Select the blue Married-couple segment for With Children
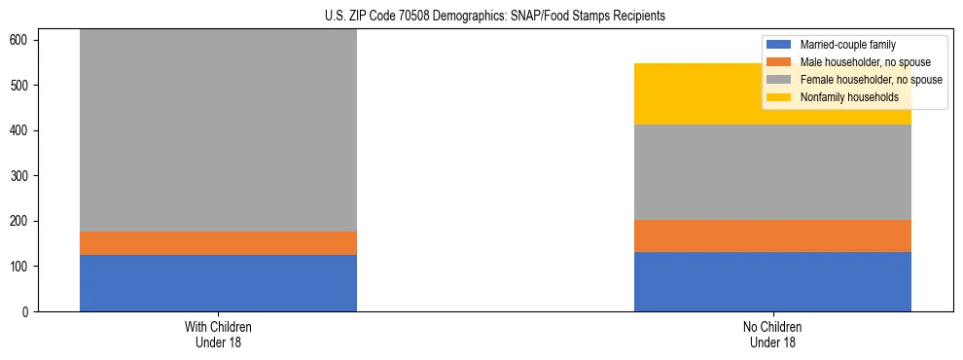[x=218, y=283]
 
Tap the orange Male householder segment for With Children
[x=218, y=243]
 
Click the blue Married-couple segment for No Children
[x=772, y=281]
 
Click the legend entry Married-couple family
[x=847, y=45]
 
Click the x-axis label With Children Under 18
[x=218, y=334]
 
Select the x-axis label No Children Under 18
[x=772, y=334]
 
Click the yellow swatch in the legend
[x=779, y=97]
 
